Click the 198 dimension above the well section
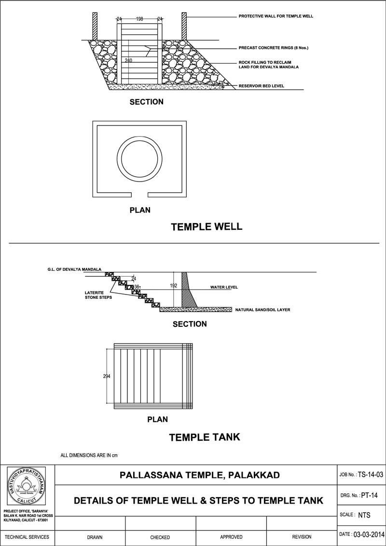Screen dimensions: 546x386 coord(139,19)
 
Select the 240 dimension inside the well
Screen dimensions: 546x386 coord(128,60)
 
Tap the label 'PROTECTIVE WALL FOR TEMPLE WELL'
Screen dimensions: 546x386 coord(276,16)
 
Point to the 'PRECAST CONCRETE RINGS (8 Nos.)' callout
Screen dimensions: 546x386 coord(273,48)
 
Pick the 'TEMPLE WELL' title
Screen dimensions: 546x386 coord(207,226)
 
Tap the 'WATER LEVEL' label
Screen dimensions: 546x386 coord(224,287)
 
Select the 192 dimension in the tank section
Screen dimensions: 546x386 coord(174,286)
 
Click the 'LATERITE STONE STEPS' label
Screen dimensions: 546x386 coord(98,294)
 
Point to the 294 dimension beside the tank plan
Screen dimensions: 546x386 coord(107,376)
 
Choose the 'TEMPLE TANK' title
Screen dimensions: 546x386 coord(204,437)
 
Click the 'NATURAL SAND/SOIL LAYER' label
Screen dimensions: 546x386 coord(262,309)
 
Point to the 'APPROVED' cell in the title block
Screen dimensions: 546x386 coord(231,537)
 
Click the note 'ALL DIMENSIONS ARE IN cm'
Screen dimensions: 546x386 coord(89,455)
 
